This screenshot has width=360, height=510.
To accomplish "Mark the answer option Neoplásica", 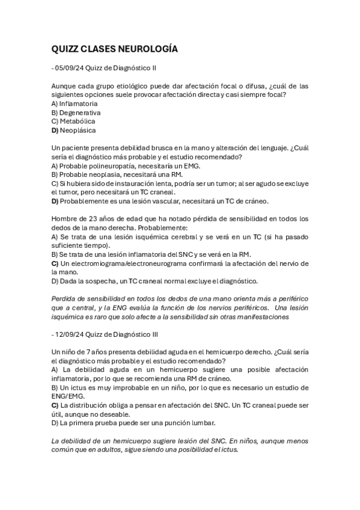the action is click(78, 129).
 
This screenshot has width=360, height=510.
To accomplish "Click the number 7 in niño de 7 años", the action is click(87, 351).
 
